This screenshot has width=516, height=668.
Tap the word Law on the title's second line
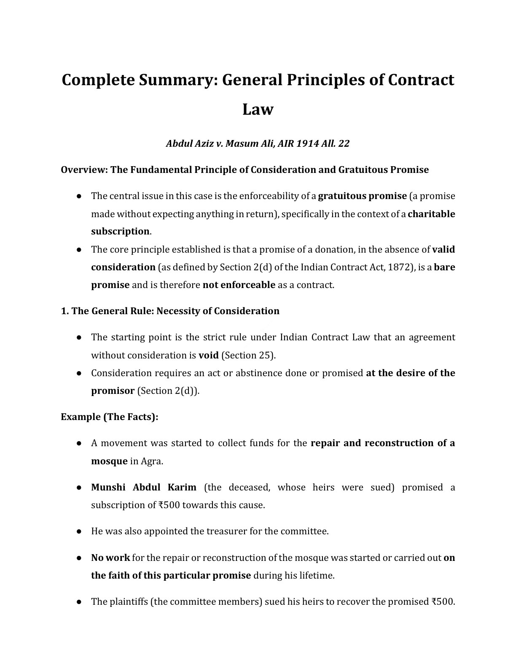[x=258, y=109]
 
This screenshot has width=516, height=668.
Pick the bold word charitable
[x=432, y=214]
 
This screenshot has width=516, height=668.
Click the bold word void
[x=209, y=355]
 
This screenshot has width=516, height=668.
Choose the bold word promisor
[x=113, y=391]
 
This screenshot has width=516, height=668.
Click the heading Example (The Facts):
[x=110, y=417]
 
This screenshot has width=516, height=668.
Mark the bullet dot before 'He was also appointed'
[x=79, y=531]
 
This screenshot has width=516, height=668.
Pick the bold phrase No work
[x=110, y=558]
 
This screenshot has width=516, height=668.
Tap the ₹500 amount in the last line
[x=443, y=601]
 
